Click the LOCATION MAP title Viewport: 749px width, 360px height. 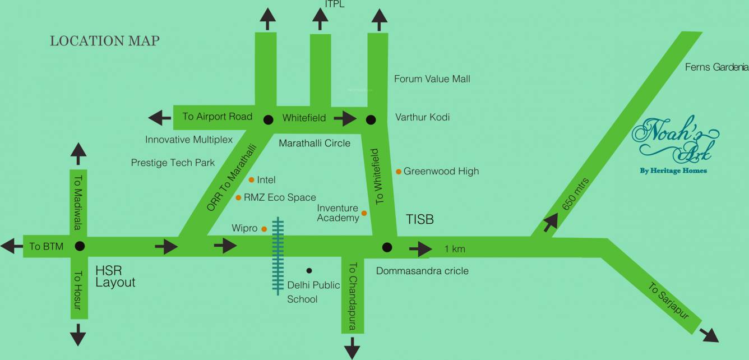pos(105,41)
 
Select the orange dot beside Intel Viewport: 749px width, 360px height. pos(251,179)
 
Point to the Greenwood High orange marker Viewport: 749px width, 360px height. pos(399,171)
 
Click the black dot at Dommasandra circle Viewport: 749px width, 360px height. pos(386,247)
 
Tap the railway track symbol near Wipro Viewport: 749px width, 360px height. pos(278,256)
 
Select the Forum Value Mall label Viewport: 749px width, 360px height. pos(432,79)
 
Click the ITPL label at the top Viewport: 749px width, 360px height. pos(335,4)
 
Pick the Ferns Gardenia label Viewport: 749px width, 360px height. pos(716,67)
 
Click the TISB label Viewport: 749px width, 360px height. pos(420,219)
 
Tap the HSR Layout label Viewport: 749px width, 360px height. pos(115,275)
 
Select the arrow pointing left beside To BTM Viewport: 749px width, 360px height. pos(8,246)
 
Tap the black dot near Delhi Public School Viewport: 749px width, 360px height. pos(309,270)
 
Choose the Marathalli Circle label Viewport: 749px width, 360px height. pos(315,143)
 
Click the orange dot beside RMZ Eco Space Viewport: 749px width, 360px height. pos(238,197)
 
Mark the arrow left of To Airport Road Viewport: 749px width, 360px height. pos(159,117)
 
